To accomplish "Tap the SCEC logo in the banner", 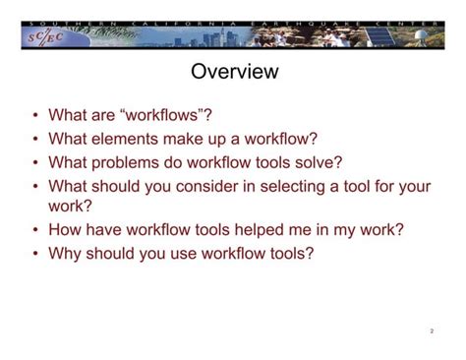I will pyautogui.click(x=43, y=37).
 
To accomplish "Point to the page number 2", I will pyautogui.click(x=432, y=331).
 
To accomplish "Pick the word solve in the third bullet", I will pyautogui.click(x=320, y=161).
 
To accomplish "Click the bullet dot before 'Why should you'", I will pyautogui.click(x=34, y=254).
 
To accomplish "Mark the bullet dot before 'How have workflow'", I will pyautogui.click(x=34, y=231).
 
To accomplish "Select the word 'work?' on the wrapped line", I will pyautogui.click(x=71, y=207).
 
